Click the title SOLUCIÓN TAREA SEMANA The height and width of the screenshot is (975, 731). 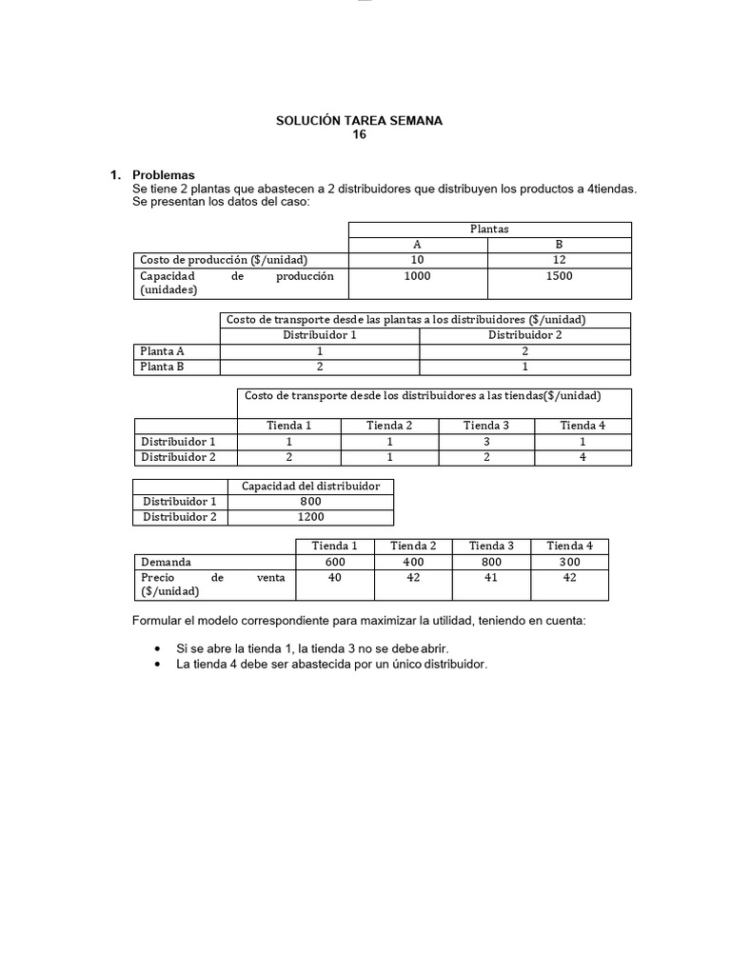coord(359,121)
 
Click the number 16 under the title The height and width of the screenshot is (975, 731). coord(359,134)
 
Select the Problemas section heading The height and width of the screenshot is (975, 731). coord(163,175)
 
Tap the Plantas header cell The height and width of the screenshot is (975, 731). coord(489,229)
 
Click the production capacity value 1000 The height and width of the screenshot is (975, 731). coord(417,276)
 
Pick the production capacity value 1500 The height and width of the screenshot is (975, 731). coord(559,276)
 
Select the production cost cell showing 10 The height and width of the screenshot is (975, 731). coord(417,260)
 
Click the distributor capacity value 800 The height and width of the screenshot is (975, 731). coord(310,501)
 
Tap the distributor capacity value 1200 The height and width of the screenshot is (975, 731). coord(310,516)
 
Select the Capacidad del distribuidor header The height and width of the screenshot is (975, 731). coord(310,486)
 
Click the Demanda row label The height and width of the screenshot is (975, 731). coord(166,562)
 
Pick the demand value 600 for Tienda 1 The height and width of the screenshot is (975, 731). coord(334,562)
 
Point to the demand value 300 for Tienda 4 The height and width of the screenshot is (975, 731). coord(570,562)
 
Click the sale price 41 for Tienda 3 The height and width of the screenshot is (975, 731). coord(491,577)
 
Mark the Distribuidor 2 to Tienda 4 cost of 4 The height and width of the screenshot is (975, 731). coord(583,457)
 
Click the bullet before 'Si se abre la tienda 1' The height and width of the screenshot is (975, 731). coord(157,648)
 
